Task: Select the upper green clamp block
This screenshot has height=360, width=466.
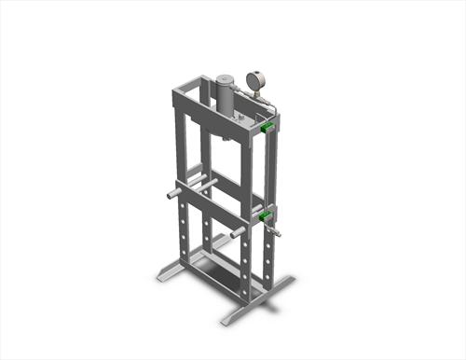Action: tap(267, 126)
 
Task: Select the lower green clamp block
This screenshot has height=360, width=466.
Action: tap(267, 217)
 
